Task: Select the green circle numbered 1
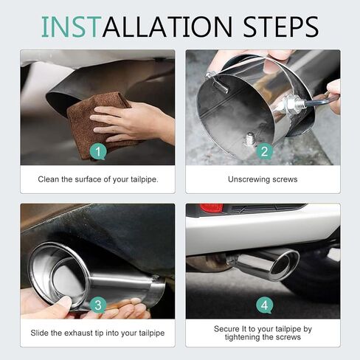[97, 153]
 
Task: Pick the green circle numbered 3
[97, 305]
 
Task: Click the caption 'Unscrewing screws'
[263, 179]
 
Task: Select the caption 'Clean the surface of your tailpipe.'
[97, 179]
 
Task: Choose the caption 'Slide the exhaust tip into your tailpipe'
[97, 333]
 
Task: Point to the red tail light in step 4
[211, 209]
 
